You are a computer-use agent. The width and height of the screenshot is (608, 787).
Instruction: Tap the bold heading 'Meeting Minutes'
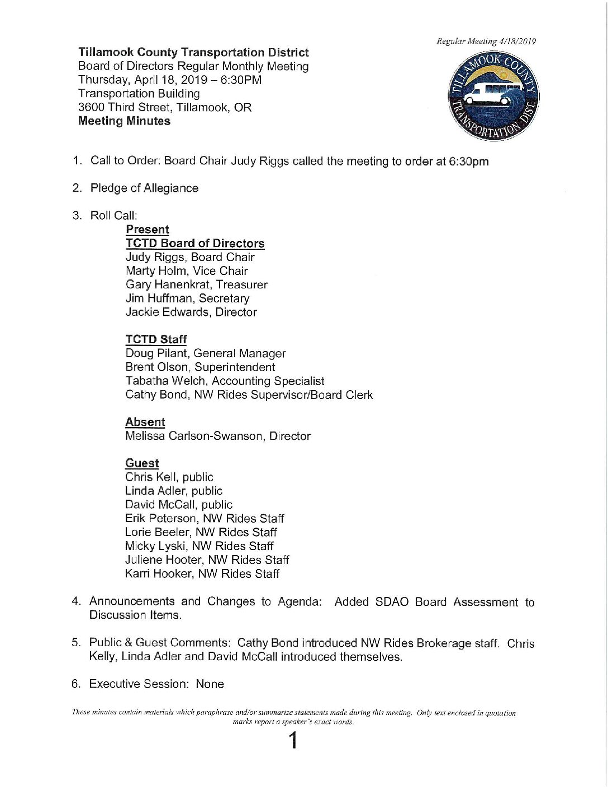[x=124, y=121]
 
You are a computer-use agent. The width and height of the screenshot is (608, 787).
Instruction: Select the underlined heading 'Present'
[x=147, y=230]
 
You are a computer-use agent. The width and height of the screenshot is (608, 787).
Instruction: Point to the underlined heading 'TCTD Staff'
[x=156, y=340]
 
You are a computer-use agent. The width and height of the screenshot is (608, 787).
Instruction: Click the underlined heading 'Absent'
[x=145, y=423]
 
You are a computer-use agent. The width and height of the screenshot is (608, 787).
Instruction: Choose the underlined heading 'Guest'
[x=142, y=463]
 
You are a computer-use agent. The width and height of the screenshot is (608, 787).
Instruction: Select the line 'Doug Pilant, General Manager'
[x=205, y=354]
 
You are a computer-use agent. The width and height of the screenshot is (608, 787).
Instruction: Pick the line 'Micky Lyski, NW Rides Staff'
[x=199, y=547]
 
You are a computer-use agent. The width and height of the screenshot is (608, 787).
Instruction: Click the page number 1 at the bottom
[x=292, y=742]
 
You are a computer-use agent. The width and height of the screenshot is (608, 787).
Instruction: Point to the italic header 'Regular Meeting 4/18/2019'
[x=486, y=41]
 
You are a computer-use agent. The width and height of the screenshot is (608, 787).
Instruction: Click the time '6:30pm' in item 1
[x=469, y=162]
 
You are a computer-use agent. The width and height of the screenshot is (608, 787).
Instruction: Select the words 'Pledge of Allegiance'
[x=144, y=188]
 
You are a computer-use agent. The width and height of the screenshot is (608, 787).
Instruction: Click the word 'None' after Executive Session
[x=210, y=684]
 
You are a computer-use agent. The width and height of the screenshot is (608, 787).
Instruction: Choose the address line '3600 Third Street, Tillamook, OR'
[x=165, y=107]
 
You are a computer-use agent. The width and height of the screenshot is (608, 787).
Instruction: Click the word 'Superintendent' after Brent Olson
[x=235, y=368]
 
